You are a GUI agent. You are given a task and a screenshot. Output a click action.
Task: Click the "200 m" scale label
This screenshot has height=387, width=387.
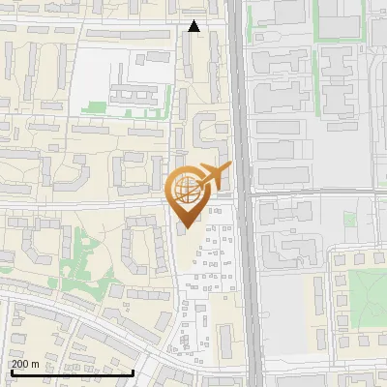click(x=25, y=364)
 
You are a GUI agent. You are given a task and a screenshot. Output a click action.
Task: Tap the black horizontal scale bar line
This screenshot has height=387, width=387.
click(x=72, y=372)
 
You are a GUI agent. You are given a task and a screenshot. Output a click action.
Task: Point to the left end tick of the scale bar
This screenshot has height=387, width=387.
click(x=11, y=370)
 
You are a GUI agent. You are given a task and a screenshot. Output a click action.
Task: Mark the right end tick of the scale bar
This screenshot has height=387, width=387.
click(x=133, y=370)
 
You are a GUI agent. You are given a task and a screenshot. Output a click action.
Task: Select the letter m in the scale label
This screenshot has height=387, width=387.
click(x=36, y=364)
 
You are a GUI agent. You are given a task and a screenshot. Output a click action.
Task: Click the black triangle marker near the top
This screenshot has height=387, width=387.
click(x=194, y=27)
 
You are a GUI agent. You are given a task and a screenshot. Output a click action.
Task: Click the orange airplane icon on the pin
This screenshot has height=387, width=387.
click(x=212, y=178)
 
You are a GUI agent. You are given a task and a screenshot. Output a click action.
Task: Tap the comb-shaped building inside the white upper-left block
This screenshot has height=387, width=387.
click(x=127, y=96)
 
